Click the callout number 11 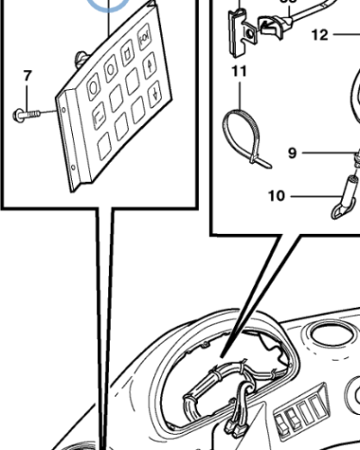coord(238,69)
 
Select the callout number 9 coord(292,153)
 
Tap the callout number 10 coord(276,193)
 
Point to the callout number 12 coord(320,36)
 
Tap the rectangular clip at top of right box coord(238,29)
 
